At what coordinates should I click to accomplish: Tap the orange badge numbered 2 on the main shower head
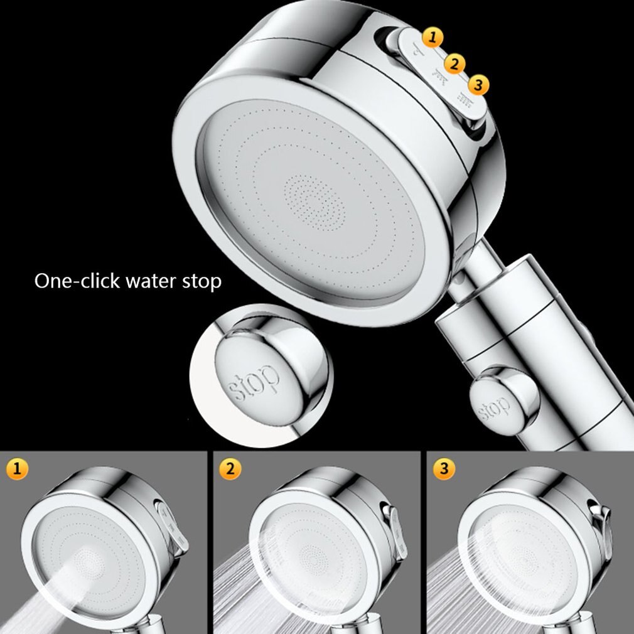(x=455, y=63)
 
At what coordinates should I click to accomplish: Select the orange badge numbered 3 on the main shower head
(x=478, y=85)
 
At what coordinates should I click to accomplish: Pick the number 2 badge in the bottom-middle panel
(x=231, y=468)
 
